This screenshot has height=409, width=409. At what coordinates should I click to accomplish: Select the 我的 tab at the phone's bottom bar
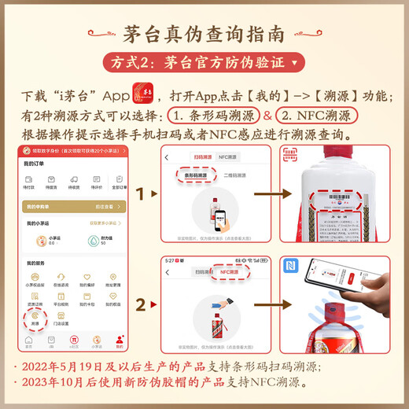(x=119, y=341)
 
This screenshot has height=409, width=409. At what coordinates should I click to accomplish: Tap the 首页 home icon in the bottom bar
(x=29, y=341)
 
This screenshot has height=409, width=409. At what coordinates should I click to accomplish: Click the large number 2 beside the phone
(x=140, y=304)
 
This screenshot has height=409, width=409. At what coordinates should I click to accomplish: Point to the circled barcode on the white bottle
(x=341, y=197)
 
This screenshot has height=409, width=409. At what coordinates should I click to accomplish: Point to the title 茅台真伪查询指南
(x=204, y=34)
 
